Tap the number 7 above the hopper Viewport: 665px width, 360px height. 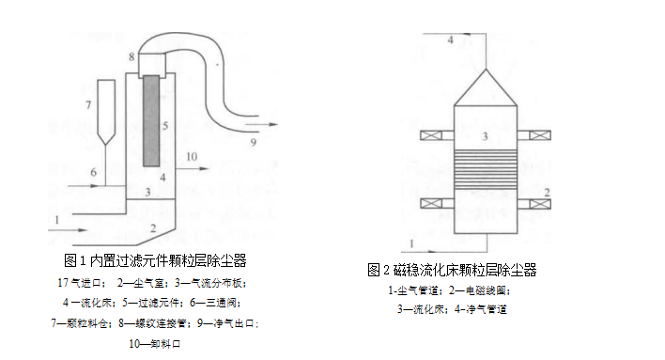[88, 103]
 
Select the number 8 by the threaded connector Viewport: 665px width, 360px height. [132, 58]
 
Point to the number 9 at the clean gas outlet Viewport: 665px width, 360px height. [252, 143]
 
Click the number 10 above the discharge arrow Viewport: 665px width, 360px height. [192, 156]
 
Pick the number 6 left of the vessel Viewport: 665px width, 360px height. [93, 173]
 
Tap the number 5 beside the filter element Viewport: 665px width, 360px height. [165, 125]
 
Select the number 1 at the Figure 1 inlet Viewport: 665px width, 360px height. [58, 219]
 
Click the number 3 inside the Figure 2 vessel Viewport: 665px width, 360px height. [485, 137]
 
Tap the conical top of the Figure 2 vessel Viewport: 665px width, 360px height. [486, 83]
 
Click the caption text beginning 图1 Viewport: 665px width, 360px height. [156, 260]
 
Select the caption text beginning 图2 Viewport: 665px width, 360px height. [452, 270]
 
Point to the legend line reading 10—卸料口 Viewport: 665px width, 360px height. [154, 344]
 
